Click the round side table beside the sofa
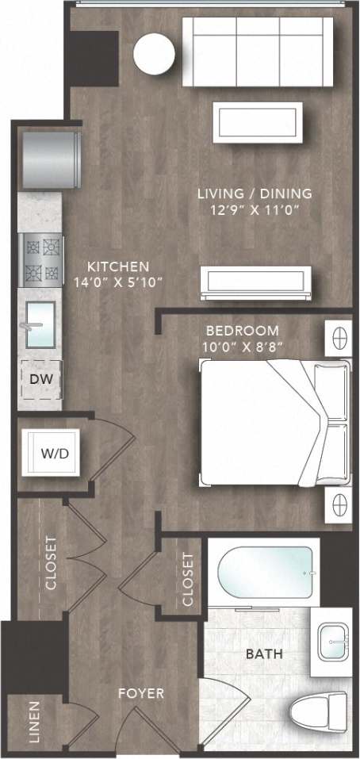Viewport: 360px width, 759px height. [154, 54]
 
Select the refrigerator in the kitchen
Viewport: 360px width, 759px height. [52, 159]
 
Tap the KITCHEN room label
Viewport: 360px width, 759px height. [118, 266]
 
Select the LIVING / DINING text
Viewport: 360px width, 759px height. [255, 193]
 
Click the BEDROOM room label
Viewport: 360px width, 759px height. [242, 330]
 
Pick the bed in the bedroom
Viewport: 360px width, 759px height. [274, 422]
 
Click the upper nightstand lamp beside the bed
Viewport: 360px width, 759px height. [339, 336]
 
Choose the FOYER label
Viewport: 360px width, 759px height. [141, 694]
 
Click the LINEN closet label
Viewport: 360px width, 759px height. [33, 723]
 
